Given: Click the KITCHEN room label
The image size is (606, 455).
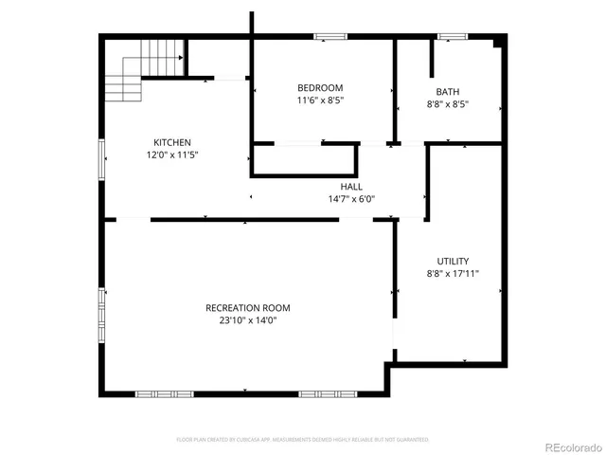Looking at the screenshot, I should pyautogui.click(x=171, y=142).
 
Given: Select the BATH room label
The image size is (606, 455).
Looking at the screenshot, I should pyautogui.click(x=448, y=92).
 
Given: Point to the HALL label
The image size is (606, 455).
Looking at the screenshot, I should pyautogui.click(x=351, y=187).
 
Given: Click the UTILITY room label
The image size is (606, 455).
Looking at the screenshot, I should pyautogui.click(x=452, y=261).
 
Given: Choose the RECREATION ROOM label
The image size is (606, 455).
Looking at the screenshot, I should pyautogui.click(x=248, y=308).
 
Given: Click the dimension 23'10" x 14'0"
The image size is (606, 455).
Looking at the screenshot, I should pyautogui.click(x=248, y=320).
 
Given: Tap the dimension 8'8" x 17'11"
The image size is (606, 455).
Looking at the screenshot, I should pyautogui.click(x=452, y=273).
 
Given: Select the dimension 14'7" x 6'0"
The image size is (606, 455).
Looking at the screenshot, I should pyautogui.click(x=351, y=199).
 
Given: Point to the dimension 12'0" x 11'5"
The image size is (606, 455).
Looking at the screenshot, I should pyautogui.click(x=171, y=155).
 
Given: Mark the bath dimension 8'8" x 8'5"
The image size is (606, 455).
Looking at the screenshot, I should pyautogui.click(x=448, y=104).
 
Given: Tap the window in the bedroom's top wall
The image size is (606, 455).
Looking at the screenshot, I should pyautogui.click(x=329, y=37).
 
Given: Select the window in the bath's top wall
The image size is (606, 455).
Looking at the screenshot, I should pyautogui.click(x=452, y=37).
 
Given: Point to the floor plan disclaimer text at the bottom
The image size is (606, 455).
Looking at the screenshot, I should pyautogui.click(x=303, y=440).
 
